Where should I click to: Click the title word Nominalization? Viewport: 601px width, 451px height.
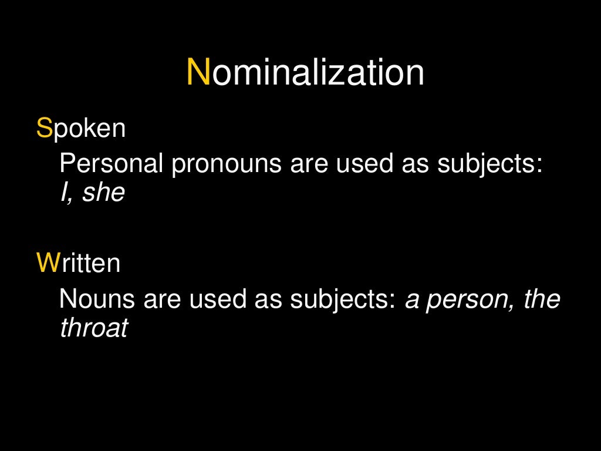305,73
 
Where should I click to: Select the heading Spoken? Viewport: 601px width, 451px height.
81,128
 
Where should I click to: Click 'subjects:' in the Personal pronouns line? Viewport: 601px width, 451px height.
489,165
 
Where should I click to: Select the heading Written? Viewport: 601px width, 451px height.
78,263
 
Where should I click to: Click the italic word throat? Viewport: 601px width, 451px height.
94,328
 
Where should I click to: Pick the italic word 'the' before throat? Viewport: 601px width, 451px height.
542,299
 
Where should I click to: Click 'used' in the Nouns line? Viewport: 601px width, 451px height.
218,299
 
